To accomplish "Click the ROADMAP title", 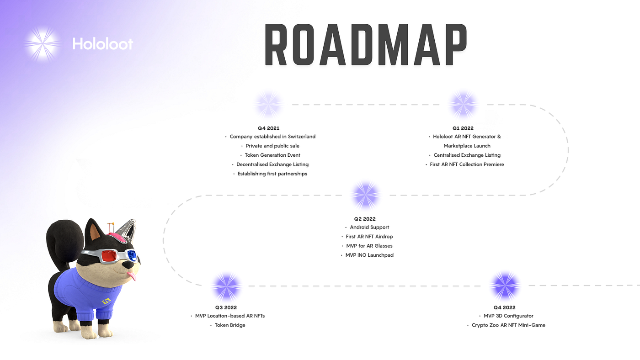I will pyautogui.click(x=365, y=45).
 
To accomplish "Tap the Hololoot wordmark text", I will pyautogui.click(x=102, y=44).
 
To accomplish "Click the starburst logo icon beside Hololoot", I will pyautogui.click(x=43, y=44).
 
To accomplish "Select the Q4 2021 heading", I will pyautogui.click(x=268, y=128).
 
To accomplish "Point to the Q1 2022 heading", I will pyautogui.click(x=463, y=128).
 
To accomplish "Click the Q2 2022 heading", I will pyautogui.click(x=365, y=219).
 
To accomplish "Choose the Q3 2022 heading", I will pyautogui.click(x=226, y=307).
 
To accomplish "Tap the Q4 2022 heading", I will pyautogui.click(x=504, y=307).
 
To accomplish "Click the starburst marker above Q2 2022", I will pyautogui.click(x=366, y=195).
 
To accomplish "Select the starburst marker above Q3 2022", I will pyautogui.click(x=226, y=286).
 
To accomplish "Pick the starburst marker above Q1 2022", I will pyautogui.click(x=463, y=105).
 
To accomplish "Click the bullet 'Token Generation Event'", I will pyautogui.click(x=272, y=155).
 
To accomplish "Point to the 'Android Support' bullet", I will pyautogui.click(x=369, y=228).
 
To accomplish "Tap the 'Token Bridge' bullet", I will pyautogui.click(x=230, y=325).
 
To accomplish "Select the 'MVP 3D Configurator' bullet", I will pyautogui.click(x=508, y=316).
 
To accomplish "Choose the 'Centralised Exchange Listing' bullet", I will pyautogui.click(x=467, y=155).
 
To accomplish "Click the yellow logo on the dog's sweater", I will pyautogui.click(x=106, y=302).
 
